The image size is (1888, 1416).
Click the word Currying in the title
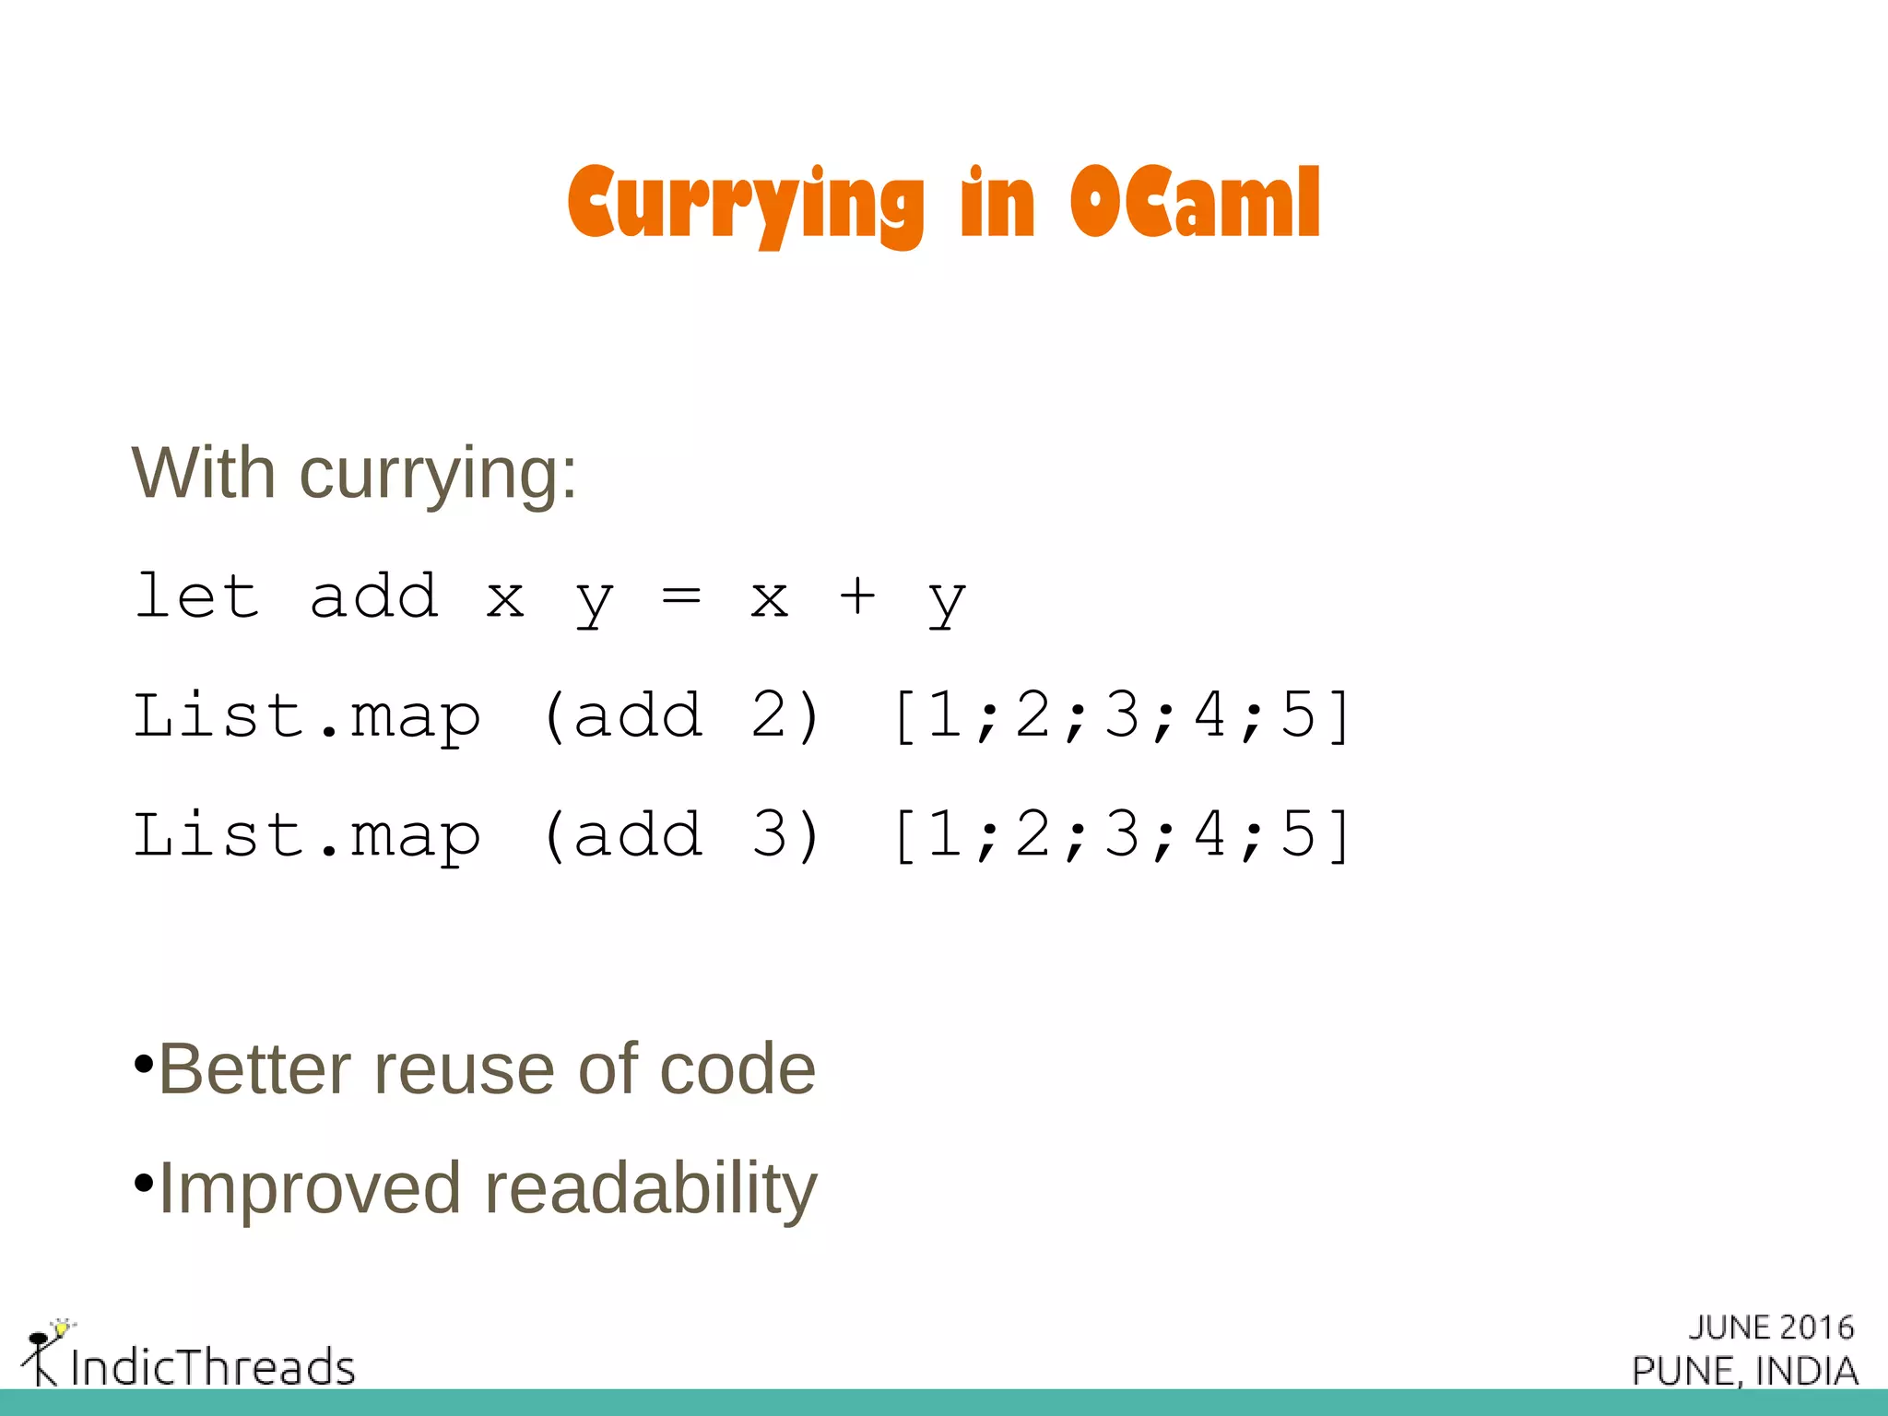click(x=745, y=204)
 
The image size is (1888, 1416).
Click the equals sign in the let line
click(x=681, y=596)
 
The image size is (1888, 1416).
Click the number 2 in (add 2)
click(x=771, y=715)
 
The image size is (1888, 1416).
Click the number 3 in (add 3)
click(x=771, y=834)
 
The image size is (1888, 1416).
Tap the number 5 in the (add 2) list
click(x=1298, y=715)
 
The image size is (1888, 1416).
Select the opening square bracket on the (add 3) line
click(x=905, y=835)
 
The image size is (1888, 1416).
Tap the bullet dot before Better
click(x=143, y=1065)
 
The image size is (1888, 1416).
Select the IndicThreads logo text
click(x=213, y=1366)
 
